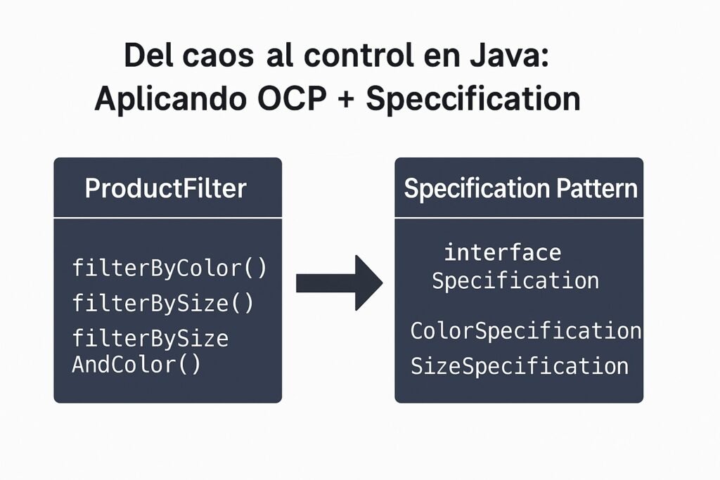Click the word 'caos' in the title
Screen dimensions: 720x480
(x=218, y=56)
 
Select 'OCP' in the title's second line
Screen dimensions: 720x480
(x=292, y=98)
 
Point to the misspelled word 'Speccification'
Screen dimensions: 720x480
(x=473, y=99)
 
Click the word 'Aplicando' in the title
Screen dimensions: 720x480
(x=171, y=99)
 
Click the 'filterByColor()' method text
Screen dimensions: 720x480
(x=169, y=268)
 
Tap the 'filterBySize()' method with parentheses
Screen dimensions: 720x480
(x=163, y=303)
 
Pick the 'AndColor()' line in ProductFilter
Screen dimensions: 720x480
(x=136, y=365)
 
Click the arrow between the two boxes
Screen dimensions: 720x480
(x=339, y=283)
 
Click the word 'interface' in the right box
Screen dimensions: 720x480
(x=503, y=252)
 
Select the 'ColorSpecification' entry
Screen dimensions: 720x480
(x=526, y=330)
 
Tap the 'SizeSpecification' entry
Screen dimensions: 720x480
(x=520, y=365)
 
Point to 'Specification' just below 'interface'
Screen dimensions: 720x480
(x=515, y=280)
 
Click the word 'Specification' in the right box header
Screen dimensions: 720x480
(x=477, y=189)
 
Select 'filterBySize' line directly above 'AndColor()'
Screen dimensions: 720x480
(x=150, y=338)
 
